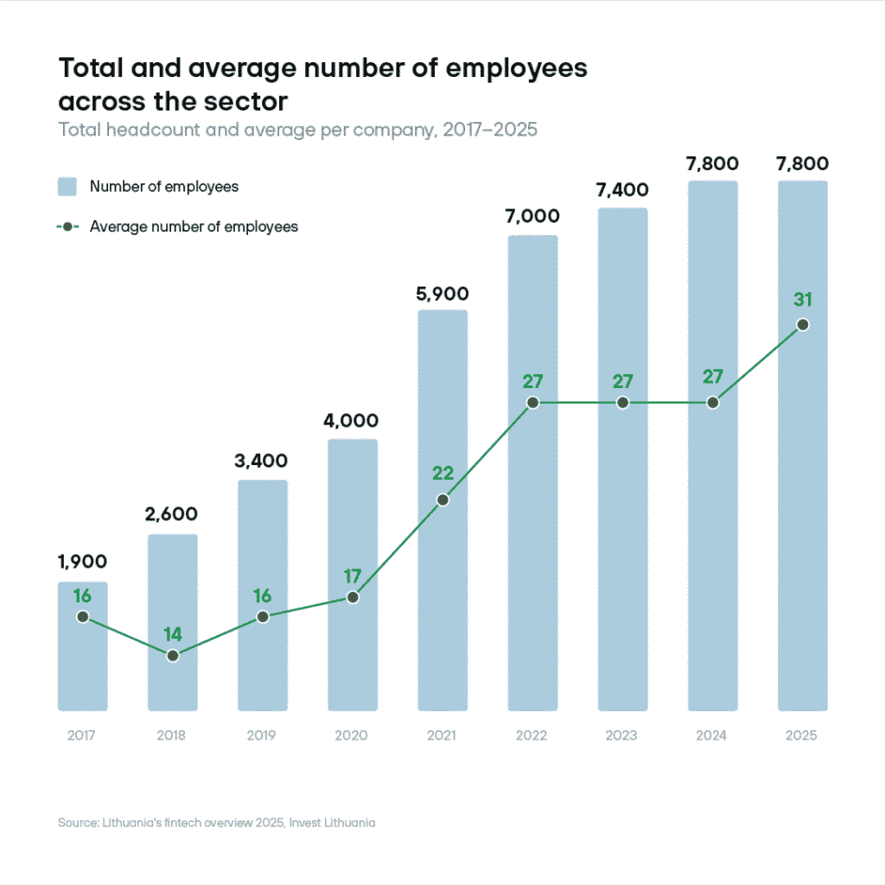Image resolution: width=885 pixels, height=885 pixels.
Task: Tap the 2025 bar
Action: tap(803, 519)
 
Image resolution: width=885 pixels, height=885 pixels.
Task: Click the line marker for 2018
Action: tap(173, 656)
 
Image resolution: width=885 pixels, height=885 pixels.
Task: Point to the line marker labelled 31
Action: tap(803, 325)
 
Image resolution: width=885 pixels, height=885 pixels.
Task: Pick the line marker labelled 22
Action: tap(442, 500)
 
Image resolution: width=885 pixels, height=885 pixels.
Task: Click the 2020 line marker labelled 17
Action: tap(353, 597)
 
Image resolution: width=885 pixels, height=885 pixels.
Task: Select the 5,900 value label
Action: tap(442, 294)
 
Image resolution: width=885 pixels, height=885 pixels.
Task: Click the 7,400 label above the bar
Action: tap(622, 190)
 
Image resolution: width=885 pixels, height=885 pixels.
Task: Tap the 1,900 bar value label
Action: tap(83, 562)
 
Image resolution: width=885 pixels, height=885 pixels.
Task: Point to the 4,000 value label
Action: tap(353, 421)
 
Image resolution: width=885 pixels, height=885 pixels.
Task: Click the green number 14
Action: tap(173, 635)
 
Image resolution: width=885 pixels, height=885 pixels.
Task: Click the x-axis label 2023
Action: tap(622, 735)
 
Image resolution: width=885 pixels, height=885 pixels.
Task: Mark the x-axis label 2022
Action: tap(532, 735)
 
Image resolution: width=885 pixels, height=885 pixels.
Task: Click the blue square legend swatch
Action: tap(67, 187)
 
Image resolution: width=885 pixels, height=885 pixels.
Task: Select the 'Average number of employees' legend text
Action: tap(194, 226)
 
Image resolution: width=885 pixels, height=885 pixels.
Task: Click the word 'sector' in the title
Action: tap(246, 100)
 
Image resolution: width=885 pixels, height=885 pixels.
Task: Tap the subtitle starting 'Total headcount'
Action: tap(297, 131)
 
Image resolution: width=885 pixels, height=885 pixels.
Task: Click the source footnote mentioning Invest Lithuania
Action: tap(216, 823)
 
